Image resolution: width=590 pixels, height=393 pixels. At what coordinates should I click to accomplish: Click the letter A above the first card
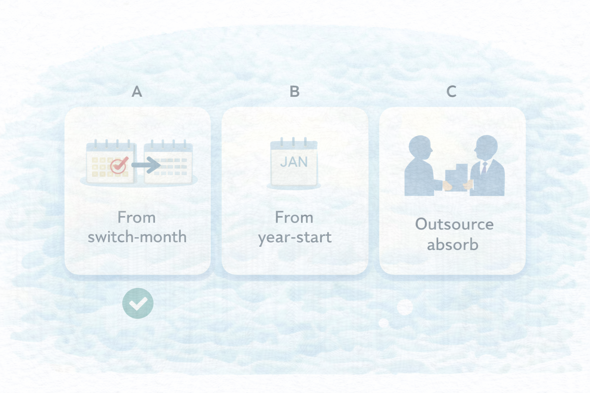(x=137, y=92)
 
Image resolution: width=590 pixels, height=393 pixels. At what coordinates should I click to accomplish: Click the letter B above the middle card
(x=295, y=92)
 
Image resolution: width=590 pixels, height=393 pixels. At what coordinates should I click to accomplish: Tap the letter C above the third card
(x=451, y=92)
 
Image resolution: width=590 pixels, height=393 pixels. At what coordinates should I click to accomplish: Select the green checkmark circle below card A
(x=138, y=303)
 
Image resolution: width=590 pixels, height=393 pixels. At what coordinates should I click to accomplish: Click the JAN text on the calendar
(x=294, y=162)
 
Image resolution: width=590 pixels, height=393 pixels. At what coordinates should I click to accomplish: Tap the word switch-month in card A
(x=137, y=236)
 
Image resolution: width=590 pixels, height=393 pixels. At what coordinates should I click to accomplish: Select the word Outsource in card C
(x=454, y=224)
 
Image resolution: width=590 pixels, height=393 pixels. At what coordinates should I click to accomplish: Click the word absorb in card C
(x=452, y=244)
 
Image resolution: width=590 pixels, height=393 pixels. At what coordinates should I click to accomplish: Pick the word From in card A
(x=136, y=218)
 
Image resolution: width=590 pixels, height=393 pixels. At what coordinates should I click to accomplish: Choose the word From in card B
(x=294, y=218)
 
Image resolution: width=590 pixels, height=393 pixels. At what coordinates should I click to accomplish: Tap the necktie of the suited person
(x=484, y=168)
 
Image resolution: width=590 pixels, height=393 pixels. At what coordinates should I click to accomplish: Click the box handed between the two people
(x=456, y=178)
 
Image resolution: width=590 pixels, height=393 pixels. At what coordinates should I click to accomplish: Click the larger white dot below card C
(x=405, y=307)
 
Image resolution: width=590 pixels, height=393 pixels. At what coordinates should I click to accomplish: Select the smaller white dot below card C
(x=383, y=323)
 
